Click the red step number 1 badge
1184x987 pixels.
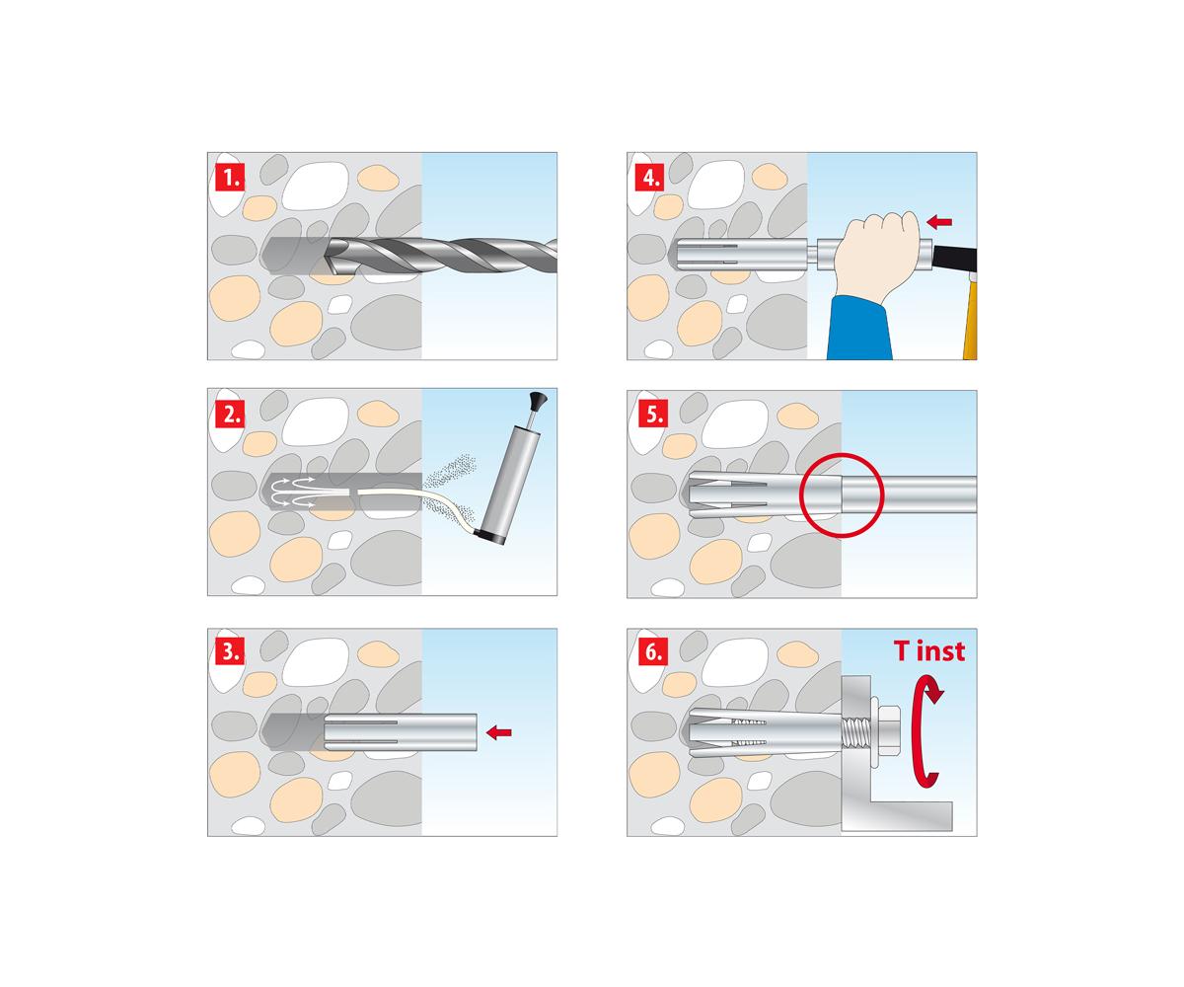230,177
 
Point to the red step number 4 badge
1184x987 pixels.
649,177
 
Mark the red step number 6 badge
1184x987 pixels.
653,651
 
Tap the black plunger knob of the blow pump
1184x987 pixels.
539,399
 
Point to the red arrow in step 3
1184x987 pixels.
499,732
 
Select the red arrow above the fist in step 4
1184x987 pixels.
939,221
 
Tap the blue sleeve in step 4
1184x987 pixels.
858,328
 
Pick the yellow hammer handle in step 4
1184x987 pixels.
970,317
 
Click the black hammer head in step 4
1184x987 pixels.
955,259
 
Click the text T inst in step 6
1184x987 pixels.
928,651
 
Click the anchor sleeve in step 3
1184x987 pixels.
401,732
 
